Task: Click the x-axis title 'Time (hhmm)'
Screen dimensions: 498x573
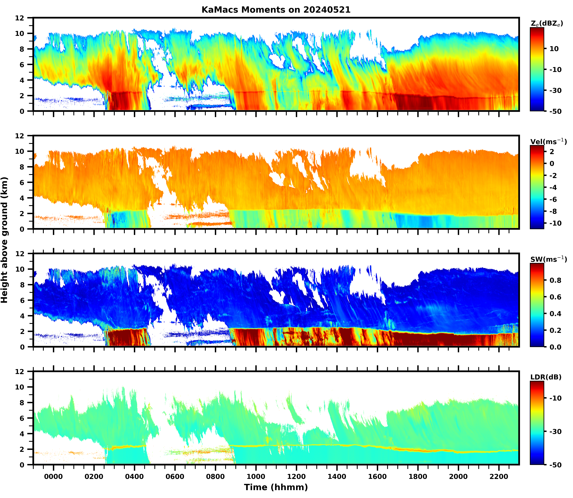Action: pos(276,487)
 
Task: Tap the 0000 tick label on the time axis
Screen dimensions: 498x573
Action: pos(54,477)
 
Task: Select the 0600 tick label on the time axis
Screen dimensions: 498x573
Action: pos(175,477)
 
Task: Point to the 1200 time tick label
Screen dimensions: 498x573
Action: pos(296,477)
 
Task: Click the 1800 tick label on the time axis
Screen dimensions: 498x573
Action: pos(418,477)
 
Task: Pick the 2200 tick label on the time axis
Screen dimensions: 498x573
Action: pos(499,477)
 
